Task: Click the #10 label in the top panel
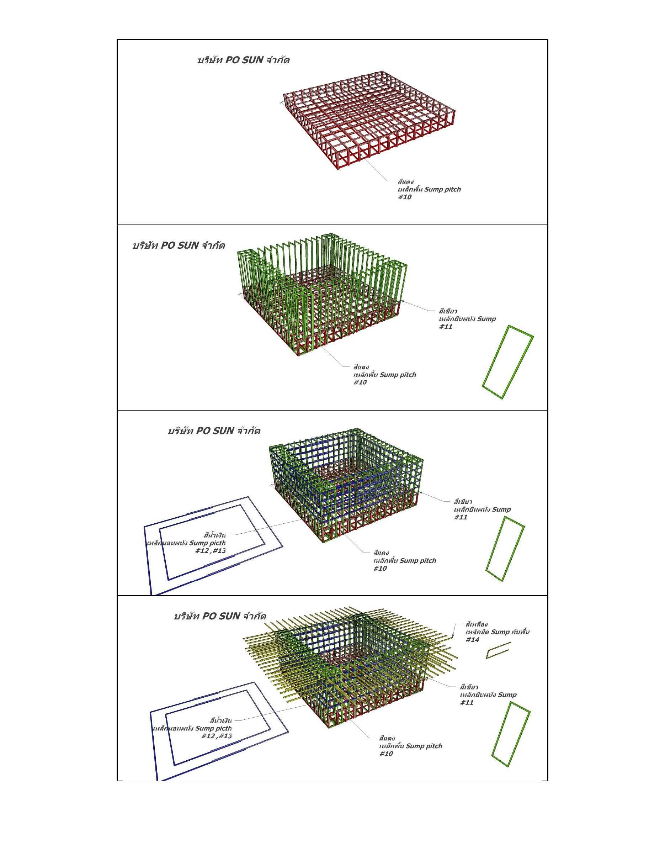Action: [405, 197]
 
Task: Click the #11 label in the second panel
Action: [446, 326]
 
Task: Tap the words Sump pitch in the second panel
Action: [398, 375]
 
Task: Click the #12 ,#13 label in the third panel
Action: [211, 550]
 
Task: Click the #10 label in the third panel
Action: [380, 568]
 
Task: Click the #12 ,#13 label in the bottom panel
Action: [216, 736]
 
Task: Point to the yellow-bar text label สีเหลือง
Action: [477, 624]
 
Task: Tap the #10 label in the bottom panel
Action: [386, 754]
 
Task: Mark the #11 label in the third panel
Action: [461, 517]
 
